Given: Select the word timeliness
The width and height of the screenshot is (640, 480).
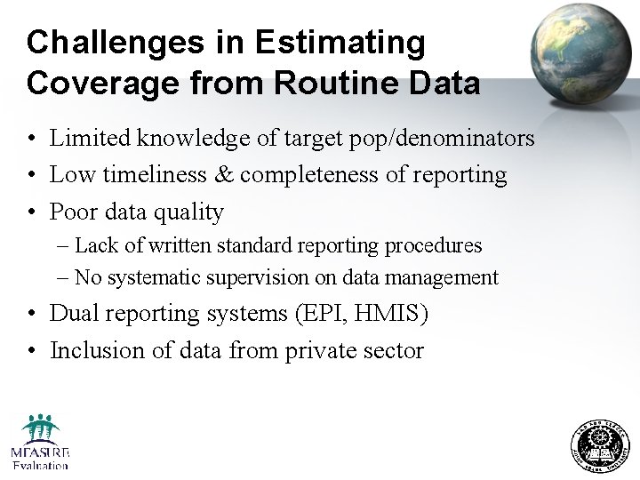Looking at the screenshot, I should [x=156, y=175].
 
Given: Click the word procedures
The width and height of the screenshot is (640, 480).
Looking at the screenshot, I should [x=433, y=245].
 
